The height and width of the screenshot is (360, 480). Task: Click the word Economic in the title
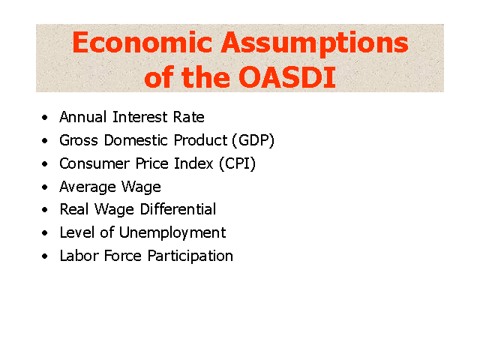[142, 42]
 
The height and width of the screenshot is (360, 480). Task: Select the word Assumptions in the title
[315, 44]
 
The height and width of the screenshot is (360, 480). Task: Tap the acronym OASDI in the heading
[286, 77]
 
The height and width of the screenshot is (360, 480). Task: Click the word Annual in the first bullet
[83, 117]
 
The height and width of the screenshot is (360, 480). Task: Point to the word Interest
[140, 117]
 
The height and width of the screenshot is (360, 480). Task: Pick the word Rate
[189, 117]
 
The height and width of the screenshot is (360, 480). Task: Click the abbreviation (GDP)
[253, 140]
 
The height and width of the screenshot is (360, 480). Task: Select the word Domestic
[136, 140]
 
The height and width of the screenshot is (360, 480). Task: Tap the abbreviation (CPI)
[237, 163]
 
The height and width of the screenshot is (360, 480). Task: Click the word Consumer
[94, 163]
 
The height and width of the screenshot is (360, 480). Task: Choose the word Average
[88, 187]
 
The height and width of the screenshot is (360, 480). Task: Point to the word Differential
[178, 209]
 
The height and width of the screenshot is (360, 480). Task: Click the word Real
[74, 209]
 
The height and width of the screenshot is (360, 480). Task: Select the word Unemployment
[172, 233]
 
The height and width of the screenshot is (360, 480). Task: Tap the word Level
[77, 232]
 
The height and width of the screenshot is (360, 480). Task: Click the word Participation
[190, 256]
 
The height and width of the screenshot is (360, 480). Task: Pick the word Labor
[79, 256]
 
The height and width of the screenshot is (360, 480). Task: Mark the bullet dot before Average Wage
[45, 187]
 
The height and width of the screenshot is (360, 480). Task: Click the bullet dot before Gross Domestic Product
[45, 140]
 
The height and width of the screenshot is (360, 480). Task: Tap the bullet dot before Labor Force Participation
[45, 256]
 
